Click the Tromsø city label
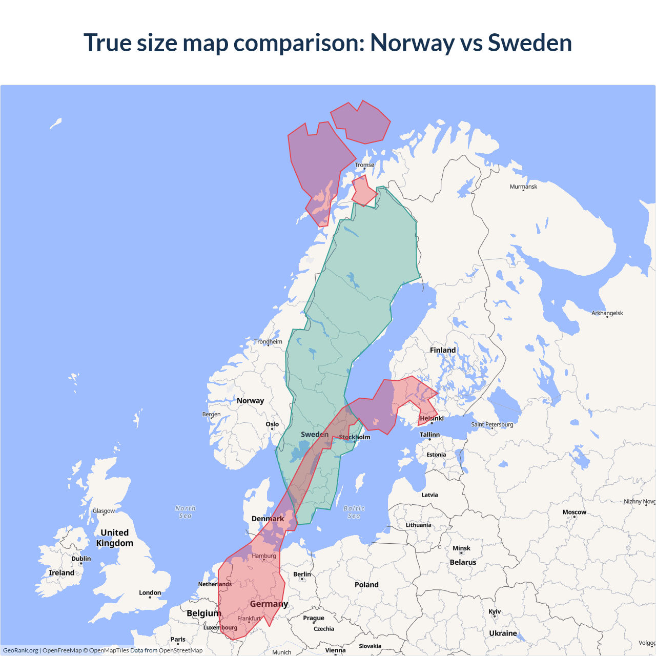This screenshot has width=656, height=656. point(364,165)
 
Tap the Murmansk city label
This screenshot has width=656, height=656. point(523,187)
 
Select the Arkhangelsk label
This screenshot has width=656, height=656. point(607,313)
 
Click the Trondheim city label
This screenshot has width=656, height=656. point(268,342)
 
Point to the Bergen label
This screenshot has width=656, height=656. point(211,414)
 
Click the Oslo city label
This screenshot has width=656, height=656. point(272,424)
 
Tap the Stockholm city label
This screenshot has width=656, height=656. point(354,437)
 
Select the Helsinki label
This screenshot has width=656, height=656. point(432,418)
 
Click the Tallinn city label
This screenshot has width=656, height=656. point(429,435)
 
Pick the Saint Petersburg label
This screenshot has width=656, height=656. point(491,424)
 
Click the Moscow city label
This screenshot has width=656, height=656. point(574,512)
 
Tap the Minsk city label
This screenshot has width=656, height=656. point(461,548)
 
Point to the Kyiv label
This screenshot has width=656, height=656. point(495,611)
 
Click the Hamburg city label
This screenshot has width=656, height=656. point(263,556)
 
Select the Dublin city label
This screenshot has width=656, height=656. point(81,559)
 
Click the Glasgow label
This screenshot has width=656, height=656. point(104,511)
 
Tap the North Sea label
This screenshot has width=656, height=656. point(185,512)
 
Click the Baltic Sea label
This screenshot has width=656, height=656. point(354,512)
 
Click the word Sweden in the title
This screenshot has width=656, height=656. point(529,43)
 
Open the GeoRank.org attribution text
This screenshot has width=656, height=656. point(20,650)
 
